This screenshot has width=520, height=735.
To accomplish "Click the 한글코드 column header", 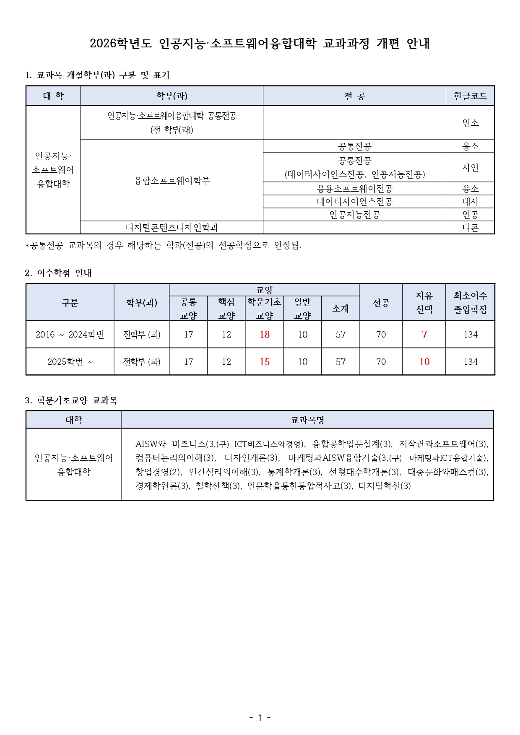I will [x=470, y=96].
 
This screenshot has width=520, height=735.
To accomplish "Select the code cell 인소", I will [x=470, y=123].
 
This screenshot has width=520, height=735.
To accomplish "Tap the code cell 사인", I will [x=470, y=168].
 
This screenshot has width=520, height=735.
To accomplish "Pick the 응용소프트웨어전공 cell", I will [x=354, y=189].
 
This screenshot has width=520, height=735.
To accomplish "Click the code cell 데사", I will [x=470, y=202].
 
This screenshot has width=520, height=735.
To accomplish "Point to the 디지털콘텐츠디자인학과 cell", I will [x=172, y=228].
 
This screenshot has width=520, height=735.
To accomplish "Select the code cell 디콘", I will [x=470, y=228].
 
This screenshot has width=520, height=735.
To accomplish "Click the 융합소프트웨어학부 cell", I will [x=172, y=181].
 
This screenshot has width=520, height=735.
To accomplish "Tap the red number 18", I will [x=265, y=335].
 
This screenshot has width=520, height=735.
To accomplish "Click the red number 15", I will [x=265, y=362].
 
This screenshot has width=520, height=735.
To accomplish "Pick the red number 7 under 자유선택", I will [x=424, y=335].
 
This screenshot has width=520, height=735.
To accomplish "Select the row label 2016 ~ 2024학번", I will [x=70, y=335].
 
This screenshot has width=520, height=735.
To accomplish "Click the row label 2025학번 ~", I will [x=70, y=362].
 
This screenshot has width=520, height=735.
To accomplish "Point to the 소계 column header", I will [x=340, y=309].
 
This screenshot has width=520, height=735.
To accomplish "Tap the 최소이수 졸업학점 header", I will [x=470, y=302].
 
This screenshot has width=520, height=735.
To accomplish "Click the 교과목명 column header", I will [x=307, y=420].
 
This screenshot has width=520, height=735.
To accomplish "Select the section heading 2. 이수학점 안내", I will [x=58, y=273].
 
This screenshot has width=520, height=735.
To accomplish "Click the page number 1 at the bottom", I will [x=260, y=717].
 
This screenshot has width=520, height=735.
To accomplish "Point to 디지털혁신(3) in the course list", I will [x=385, y=486].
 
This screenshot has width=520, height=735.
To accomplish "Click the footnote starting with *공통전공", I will [x=164, y=245].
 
